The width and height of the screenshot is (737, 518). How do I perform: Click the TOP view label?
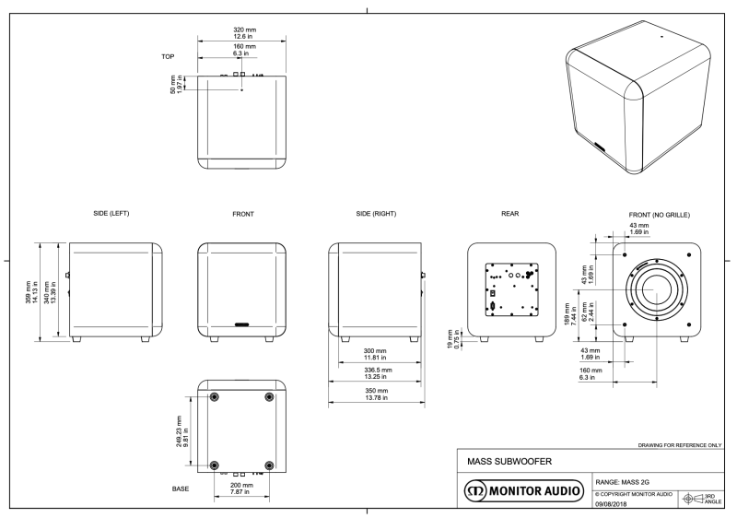pyautogui.click(x=168, y=56)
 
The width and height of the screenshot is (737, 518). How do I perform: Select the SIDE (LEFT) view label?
pyautogui.click(x=111, y=214)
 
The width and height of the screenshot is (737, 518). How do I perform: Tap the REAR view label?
pyautogui.click(x=509, y=214)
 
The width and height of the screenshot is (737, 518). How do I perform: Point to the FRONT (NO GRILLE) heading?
pyautogui.click(x=658, y=214)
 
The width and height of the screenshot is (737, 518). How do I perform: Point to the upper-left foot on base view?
pyautogui.click(x=215, y=397)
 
